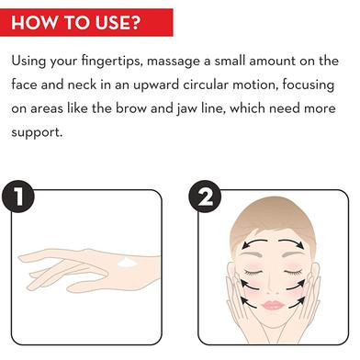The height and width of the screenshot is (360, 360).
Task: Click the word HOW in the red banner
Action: click(34, 22)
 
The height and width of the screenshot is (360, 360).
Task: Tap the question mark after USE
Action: click(134, 22)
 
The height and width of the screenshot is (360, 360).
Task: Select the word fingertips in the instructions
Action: click(112, 61)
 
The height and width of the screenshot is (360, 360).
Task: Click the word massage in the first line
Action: click(174, 62)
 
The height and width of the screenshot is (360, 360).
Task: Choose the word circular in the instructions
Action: click(206, 84)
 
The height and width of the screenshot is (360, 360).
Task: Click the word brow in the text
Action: click(131, 108)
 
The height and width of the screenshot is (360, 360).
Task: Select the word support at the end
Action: click(37, 132)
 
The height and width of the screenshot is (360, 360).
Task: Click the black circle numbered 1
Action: click(18, 197)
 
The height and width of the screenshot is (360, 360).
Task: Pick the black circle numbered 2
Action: click(205, 197)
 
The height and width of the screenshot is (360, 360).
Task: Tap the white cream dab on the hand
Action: click(127, 263)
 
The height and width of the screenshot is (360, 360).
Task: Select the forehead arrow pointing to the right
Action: click(291, 242)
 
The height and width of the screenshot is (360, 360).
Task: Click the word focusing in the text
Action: click(309, 85)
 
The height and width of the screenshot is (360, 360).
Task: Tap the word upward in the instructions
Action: click(156, 85)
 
